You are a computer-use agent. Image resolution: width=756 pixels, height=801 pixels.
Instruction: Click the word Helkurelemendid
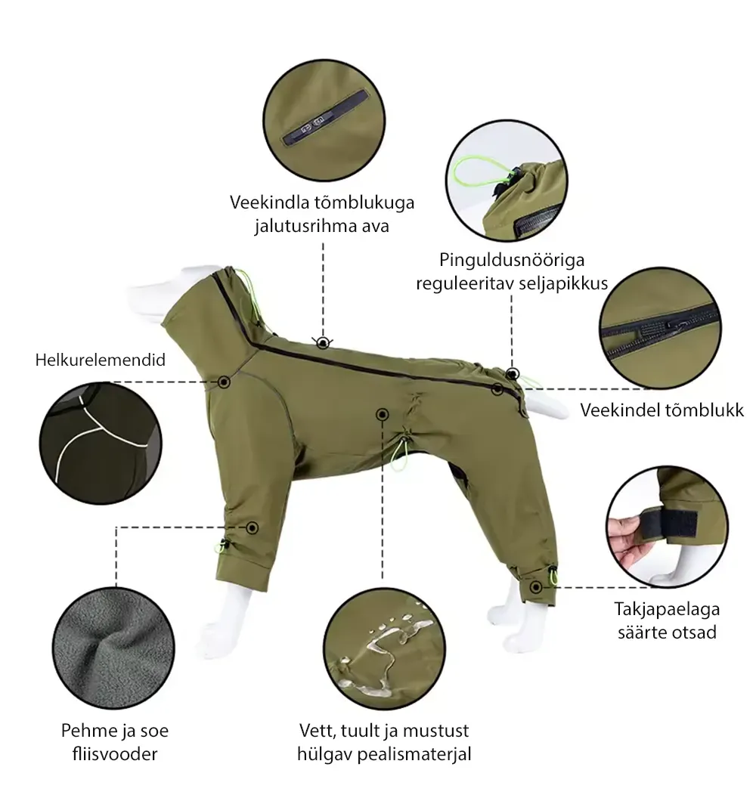point(101,360)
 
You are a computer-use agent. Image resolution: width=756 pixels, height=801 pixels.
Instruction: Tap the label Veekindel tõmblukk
point(662,410)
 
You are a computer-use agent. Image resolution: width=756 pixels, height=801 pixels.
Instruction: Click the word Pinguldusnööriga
point(512,260)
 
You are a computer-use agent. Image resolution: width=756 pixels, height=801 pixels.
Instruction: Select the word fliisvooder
point(115,753)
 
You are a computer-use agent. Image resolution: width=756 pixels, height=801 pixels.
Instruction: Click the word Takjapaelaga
point(667,609)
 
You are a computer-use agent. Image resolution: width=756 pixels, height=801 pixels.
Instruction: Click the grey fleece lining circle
point(113,648)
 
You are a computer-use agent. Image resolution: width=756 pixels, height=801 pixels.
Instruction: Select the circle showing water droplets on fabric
point(384,648)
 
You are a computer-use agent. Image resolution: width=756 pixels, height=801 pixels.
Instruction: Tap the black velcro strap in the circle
point(670,523)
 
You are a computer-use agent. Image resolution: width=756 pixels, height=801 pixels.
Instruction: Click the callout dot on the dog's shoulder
point(224,382)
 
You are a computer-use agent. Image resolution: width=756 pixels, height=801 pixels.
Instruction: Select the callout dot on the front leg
point(252,527)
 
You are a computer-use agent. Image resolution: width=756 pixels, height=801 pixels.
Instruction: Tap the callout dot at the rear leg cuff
point(536,587)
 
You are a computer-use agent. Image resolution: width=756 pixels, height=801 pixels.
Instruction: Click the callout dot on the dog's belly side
point(383,414)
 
